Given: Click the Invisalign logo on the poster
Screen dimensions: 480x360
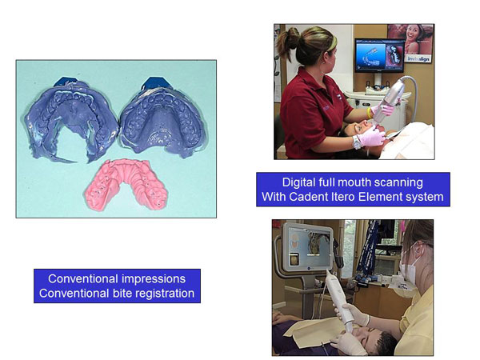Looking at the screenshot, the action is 418,58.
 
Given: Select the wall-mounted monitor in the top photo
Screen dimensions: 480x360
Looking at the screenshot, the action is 379,56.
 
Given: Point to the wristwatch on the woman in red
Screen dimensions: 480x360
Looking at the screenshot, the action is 356,142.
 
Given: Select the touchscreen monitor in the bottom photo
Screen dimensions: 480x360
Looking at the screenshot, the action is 308,247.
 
